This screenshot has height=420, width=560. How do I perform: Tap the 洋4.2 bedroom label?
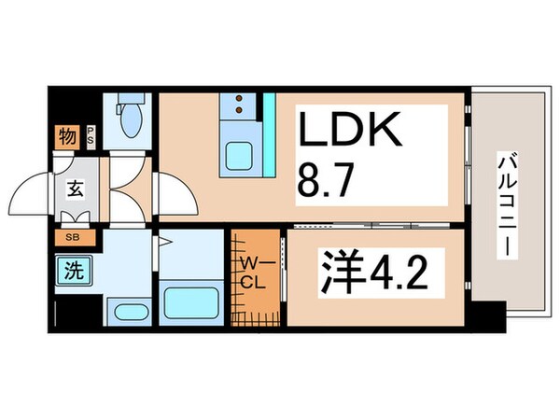(x=375, y=274)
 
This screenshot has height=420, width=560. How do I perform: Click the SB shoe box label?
(x=72, y=237)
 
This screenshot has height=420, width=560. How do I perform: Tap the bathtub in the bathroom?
(x=191, y=302)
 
